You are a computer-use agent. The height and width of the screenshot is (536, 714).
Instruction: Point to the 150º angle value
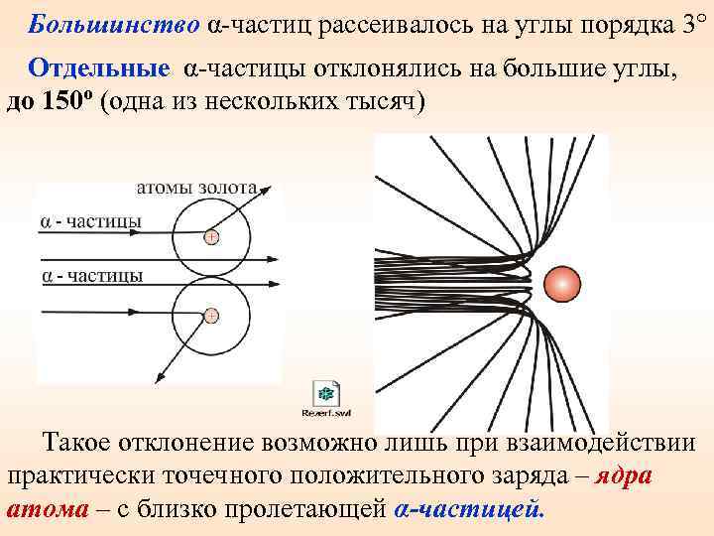pos(68,102)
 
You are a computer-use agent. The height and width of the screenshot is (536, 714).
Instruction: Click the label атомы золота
pos(196,186)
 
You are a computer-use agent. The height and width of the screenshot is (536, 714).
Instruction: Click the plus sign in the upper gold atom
pos(210,237)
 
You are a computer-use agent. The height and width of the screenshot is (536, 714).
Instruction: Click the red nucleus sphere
pos(563,283)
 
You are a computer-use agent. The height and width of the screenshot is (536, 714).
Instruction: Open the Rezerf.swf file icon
pos(327,391)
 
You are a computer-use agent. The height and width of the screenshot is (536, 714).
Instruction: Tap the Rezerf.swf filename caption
pos(327,412)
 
